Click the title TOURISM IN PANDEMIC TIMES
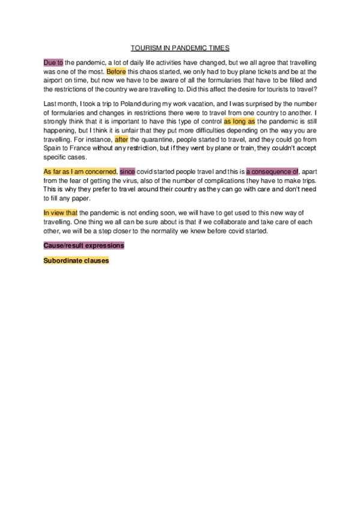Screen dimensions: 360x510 [x=180, y=48]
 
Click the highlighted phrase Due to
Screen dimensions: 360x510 [x=53, y=63]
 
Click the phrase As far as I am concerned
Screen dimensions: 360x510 [x=80, y=171]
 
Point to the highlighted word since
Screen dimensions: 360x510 [x=127, y=171]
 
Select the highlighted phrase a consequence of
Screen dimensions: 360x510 [x=272, y=171]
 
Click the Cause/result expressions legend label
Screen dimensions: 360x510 [x=84, y=246]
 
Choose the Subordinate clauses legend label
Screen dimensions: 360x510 [x=76, y=260]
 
